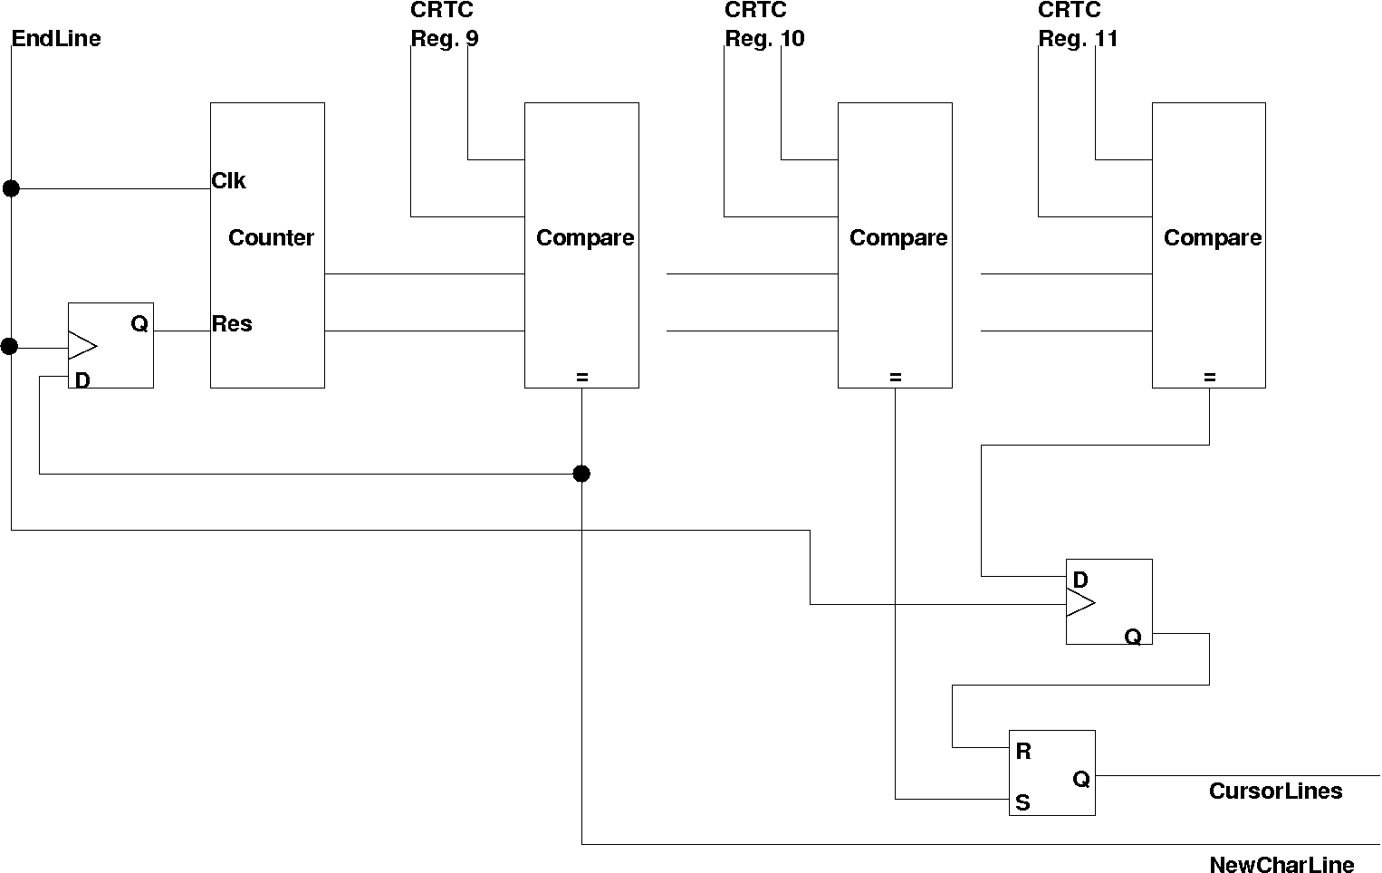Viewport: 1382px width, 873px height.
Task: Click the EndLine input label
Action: coord(56,39)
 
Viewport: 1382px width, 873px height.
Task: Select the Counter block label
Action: coord(271,238)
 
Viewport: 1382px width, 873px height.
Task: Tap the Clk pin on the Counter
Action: coord(228,181)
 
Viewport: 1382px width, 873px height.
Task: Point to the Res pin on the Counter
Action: coord(232,324)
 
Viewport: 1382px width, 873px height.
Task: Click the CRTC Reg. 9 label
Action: coord(444,25)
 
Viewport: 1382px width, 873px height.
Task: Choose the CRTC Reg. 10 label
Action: coord(763,25)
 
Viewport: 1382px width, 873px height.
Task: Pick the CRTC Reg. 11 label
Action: coord(1077,25)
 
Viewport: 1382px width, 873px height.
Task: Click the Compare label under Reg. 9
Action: coord(585,238)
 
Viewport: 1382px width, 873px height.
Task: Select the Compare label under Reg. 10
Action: coord(898,238)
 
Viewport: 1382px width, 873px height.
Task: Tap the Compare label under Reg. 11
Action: coord(1213,238)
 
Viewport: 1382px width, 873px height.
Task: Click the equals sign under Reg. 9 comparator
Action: coord(582,378)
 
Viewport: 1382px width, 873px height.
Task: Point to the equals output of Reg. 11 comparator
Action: coord(1210,378)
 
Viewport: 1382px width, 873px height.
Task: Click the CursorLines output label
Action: coord(1275,791)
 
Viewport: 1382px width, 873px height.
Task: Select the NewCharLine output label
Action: coord(1281,865)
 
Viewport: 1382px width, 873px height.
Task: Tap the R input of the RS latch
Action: coord(1023,752)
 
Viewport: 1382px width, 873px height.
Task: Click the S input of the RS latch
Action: coord(1022,803)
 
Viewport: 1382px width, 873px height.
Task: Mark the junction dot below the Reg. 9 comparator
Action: coord(581,474)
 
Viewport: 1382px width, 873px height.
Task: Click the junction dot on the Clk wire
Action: coord(11,188)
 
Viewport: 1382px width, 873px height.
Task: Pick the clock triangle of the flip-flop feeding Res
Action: coord(82,346)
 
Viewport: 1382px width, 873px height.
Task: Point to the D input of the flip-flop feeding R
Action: coord(1080,580)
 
